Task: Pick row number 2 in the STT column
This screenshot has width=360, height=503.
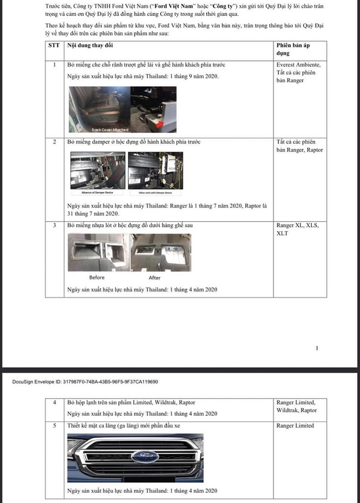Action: click(54, 142)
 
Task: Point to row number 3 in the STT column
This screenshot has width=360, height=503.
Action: click(54, 226)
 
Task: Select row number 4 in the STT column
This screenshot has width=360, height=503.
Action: click(55, 403)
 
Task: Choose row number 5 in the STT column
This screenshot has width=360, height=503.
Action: click(55, 426)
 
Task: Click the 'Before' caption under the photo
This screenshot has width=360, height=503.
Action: click(97, 277)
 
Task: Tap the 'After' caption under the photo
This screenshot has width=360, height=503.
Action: click(155, 277)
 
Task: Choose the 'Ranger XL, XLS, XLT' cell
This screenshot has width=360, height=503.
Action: click(297, 229)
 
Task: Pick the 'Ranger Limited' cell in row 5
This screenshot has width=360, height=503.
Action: click(295, 426)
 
